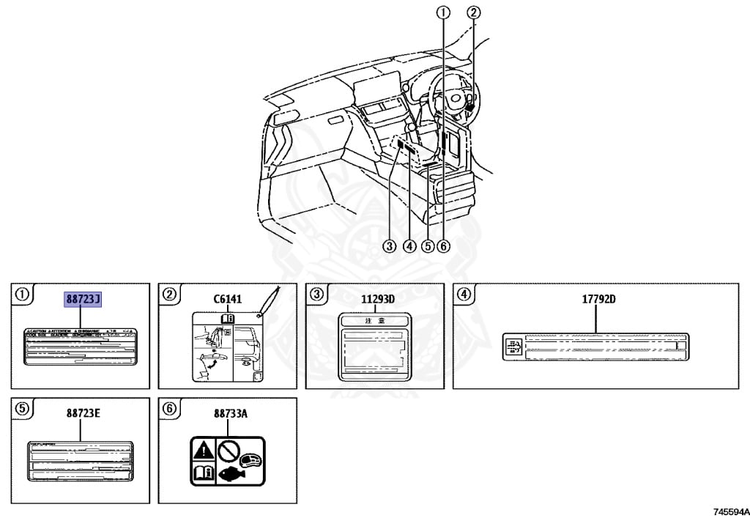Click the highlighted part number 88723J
[x=83, y=299]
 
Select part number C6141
[x=227, y=299]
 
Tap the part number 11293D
[x=377, y=299]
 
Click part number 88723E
[x=82, y=413]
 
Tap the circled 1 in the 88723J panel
[x=23, y=295]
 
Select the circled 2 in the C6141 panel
[x=170, y=295]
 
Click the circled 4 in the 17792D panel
[x=464, y=295]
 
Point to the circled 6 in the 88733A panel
[x=170, y=409]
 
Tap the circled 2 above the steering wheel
[x=474, y=12]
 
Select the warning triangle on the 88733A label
[x=203, y=449]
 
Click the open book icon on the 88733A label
[x=203, y=473]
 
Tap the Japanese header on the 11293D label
[x=376, y=321]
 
